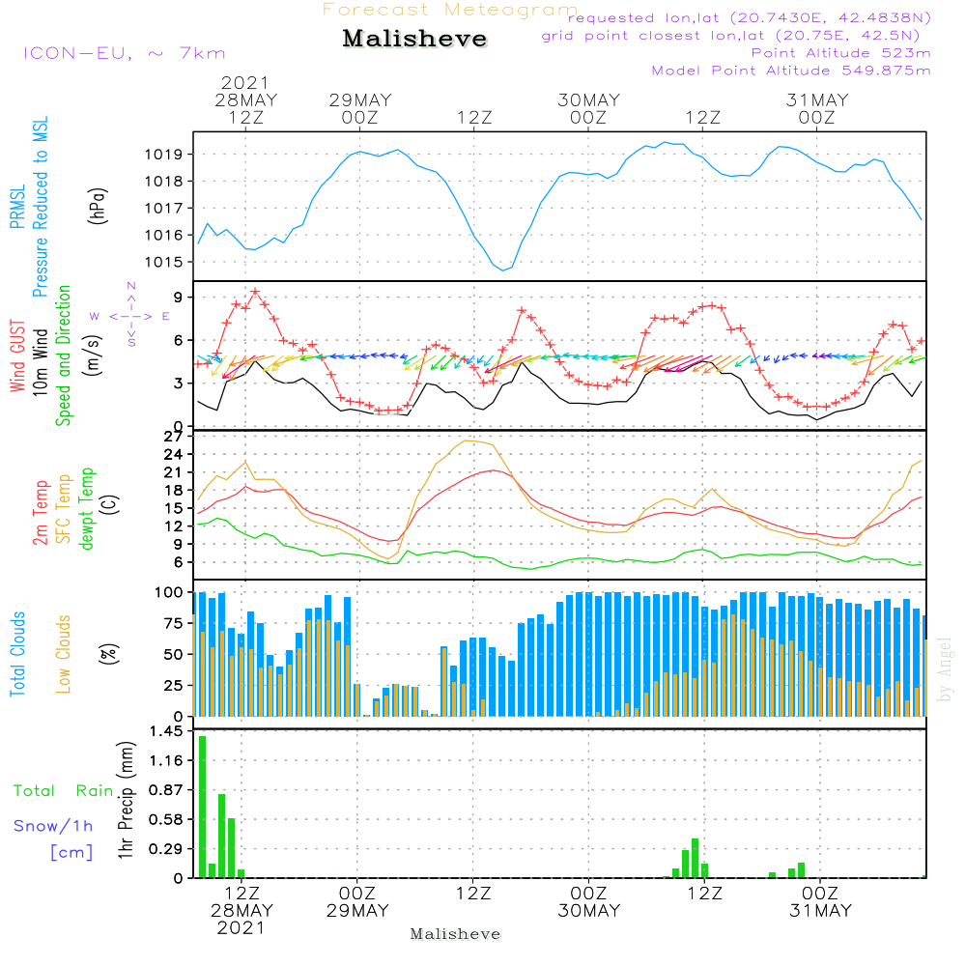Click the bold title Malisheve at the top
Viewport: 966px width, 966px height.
point(415,40)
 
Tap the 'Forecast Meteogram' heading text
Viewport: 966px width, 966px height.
point(450,10)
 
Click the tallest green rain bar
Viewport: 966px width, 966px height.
point(203,806)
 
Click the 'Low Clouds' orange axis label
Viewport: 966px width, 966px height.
point(64,654)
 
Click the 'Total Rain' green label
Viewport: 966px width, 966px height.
point(63,791)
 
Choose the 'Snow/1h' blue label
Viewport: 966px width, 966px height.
point(53,826)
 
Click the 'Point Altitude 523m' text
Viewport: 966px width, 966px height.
point(840,53)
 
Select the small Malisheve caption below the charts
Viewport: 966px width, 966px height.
point(455,934)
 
